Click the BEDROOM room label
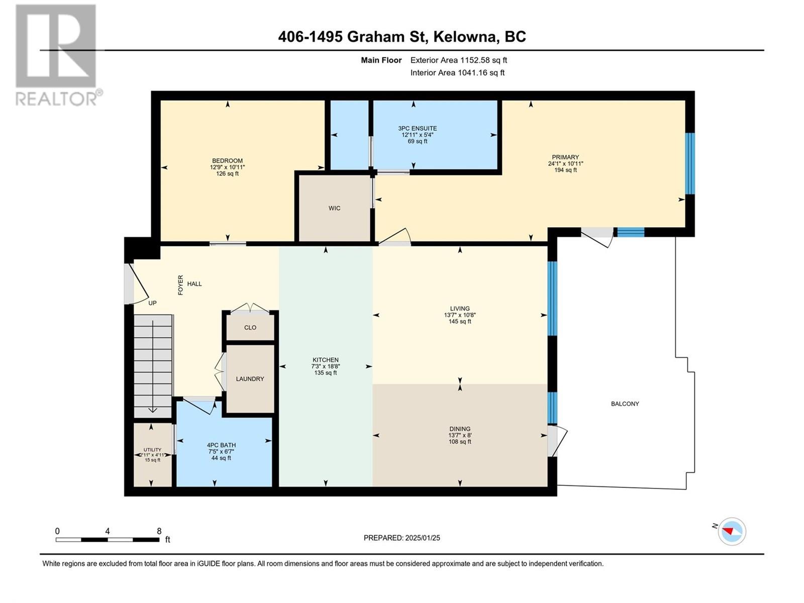[227, 161]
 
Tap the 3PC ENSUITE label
[417, 129]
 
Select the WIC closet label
[334, 208]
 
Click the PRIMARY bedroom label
[565, 157]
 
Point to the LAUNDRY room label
[250, 379]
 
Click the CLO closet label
[250, 328]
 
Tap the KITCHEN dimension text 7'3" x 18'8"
[325, 366]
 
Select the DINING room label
[459, 429]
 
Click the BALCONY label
[625, 404]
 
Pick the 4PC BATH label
[221, 445]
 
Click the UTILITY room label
[152, 450]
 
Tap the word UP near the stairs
[152, 303]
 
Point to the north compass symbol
[732, 531]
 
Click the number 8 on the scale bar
[159, 531]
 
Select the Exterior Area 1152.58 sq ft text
[458, 60]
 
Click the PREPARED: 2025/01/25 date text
[401, 538]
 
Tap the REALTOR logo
[56, 55]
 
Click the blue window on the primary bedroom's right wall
[690, 163]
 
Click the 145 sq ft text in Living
[459, 322]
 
